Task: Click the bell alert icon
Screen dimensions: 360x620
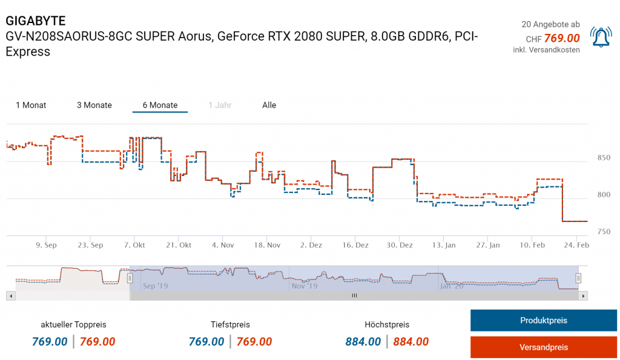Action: coord(601,37)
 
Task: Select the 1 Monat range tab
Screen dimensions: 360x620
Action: coord(31,105)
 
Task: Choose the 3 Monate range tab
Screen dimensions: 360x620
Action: coord(94,105)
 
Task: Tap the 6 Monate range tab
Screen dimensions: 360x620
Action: coord(160,105)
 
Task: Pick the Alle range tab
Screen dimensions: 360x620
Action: coord(269,105)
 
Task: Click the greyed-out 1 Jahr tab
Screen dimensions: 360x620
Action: coord(220,105)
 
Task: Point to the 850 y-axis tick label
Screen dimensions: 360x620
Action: coord(604,158)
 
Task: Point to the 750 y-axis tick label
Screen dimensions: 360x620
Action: coord(604,232)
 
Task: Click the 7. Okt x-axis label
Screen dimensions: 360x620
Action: coord(134,245)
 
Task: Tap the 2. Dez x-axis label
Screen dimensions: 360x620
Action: coord(311,245)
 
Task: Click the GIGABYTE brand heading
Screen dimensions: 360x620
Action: coord(36,22)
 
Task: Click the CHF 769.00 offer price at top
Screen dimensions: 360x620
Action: coord(553,38)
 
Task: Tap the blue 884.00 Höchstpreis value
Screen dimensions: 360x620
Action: coord(363,342)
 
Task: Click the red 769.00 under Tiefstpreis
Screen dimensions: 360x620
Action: coord(254,342)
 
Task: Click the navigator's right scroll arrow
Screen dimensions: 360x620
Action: coord(583,296)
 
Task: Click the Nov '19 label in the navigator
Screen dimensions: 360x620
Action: coord(305,286)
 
